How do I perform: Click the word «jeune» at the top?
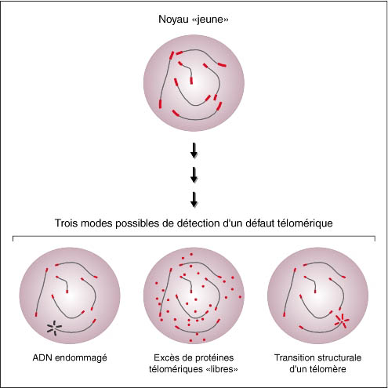[x=210, y=20]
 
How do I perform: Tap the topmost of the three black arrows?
[x=194, y=150]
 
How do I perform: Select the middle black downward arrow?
[x=194, y=175]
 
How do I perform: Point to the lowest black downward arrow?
[x=194, y=200]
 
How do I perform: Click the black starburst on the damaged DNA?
[x=54, y=328]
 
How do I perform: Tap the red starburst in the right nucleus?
[x=342, y=321]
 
